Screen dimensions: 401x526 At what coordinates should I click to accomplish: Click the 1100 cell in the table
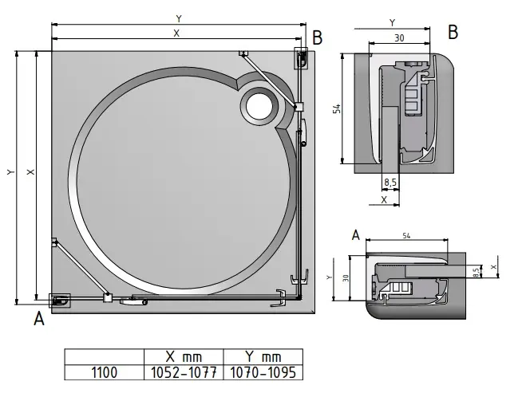pos(104,371)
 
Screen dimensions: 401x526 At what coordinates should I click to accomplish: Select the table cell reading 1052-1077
pos(183,371)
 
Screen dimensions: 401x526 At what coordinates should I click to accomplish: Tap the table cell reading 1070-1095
pos(261,371)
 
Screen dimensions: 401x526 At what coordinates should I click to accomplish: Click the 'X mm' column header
pos(183,356)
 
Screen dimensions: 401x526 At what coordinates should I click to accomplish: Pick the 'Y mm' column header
pos(261,356)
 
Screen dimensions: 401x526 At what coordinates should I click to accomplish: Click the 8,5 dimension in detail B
pos(390,183)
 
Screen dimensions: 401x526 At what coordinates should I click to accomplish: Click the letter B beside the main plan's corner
pos(317,37)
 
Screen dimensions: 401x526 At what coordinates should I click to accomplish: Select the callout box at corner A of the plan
pos(60,301)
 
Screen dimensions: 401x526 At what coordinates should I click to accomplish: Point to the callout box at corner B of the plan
pos(303,57)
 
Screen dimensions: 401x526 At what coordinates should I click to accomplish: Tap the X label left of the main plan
pos(30,171)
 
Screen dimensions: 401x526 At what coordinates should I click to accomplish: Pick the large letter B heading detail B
pos(453,32)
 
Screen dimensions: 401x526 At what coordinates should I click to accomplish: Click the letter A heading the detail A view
pos(356,234)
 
